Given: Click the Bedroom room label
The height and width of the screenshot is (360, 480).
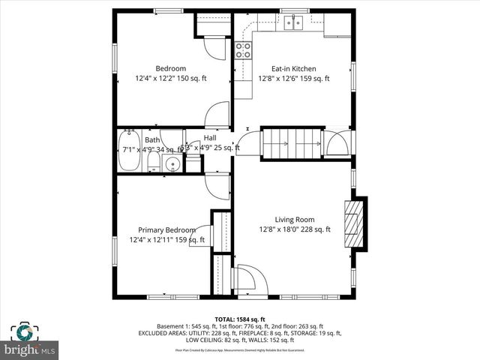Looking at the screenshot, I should (170, 68).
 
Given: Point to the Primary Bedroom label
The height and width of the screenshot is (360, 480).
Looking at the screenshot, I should (166, 230).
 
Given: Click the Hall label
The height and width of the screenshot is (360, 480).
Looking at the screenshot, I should (210, 138).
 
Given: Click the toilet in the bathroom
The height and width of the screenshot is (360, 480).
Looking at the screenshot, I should (153, 164).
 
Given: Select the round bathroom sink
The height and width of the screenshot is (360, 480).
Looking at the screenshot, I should (172, 164).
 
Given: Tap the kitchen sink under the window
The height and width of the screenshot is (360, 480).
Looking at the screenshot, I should (293, 23).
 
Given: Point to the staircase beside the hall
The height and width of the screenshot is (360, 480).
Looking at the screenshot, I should (289, 142).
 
